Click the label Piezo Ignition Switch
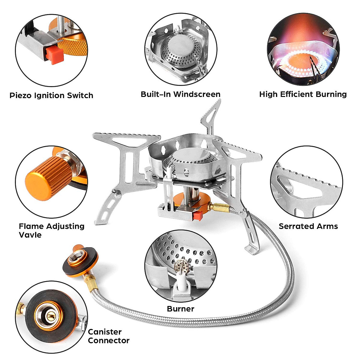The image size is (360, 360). pos(51,96)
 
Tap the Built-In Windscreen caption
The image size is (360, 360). pos(181,94)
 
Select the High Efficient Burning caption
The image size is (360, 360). pos(303,94)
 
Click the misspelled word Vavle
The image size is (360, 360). pos(30,235)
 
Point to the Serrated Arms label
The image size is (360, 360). pos(308,226)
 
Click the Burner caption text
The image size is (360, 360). pos(181,309)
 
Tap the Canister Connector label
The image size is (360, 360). pos(108,336)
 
